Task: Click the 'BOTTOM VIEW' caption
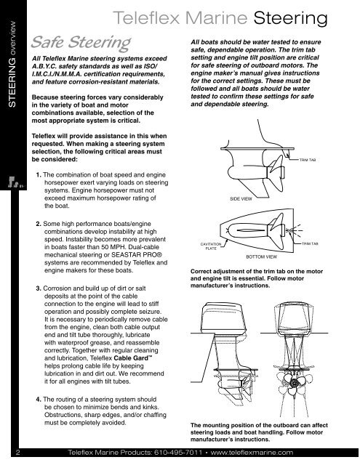coord(260,256)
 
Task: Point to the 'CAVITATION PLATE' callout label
coord(211,247)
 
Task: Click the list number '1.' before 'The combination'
coord(39,175)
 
